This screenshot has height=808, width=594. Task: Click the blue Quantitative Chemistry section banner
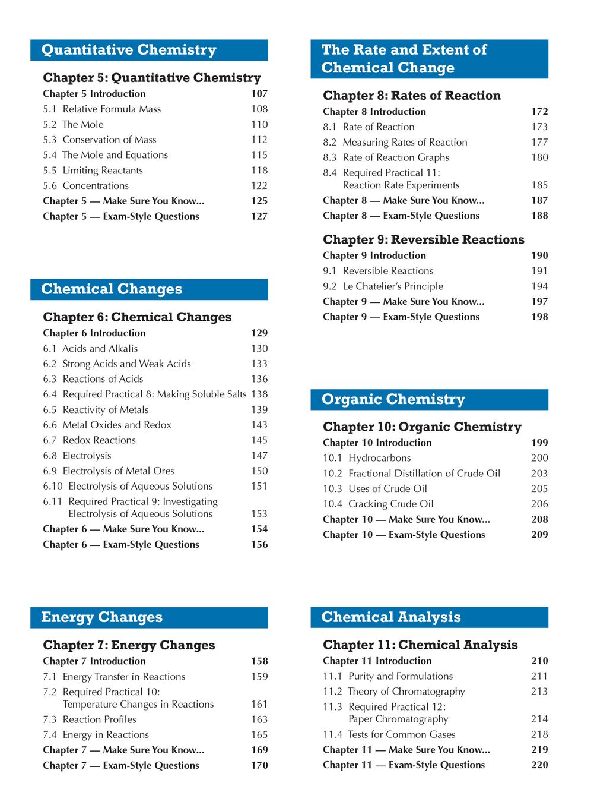point(149,50)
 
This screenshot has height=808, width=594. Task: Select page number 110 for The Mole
point(259,124)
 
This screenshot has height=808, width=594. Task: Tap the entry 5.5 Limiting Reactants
point(93,171)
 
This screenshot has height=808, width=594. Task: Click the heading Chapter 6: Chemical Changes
point(137,317)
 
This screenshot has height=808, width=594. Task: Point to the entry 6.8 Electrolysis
point(77,456)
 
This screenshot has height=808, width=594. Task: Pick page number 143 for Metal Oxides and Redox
point(259,425)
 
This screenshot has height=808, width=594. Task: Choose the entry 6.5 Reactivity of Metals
point(96,410)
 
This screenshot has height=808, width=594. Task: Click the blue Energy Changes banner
point(149,617)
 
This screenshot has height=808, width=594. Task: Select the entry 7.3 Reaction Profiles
point(90,719)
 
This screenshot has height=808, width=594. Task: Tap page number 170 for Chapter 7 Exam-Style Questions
point(259,765)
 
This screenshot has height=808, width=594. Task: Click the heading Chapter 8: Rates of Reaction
point(412,96)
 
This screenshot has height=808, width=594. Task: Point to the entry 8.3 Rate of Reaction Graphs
point(386,157)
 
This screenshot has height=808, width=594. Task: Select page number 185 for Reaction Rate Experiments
point(539,185)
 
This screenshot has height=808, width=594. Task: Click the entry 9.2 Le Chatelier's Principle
point(383,286)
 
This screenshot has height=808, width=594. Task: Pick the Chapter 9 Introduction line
point(374,255)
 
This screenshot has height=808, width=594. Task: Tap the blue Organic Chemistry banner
point(429,399)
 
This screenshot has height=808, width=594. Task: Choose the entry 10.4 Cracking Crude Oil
point(379,504)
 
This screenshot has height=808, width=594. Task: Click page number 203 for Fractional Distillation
point(539,474)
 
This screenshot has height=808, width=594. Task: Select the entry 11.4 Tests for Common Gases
point(389,734)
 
